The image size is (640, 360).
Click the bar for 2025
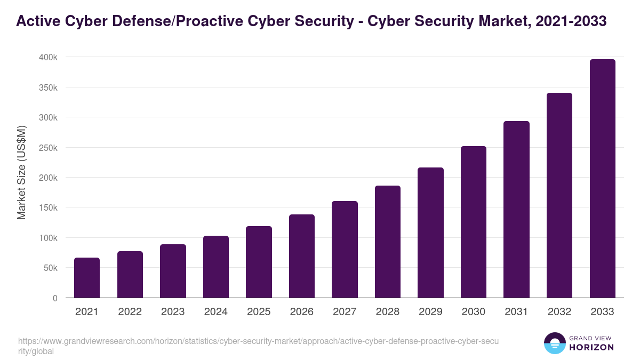tap(259, 262)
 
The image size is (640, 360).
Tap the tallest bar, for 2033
tap(602, 179)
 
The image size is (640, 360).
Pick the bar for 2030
tap(474, 222)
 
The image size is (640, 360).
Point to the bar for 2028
tap(388, 242)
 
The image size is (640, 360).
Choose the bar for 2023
tap(173, 271)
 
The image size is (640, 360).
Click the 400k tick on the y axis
tap(48, 57)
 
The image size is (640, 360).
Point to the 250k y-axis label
tap(48, 148)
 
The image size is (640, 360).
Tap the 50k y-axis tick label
tap(50, 268)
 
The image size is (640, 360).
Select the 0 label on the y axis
tap(55, 298)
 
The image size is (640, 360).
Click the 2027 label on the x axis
tap(345, 312)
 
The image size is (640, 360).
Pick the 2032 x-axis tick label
tap(559, 312)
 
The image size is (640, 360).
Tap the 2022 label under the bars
tap(130, 312)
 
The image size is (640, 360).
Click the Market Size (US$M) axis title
tap(21, 172)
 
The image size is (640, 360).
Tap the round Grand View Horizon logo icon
tap(555, 343)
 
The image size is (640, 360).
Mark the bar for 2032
tap(559, 195)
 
